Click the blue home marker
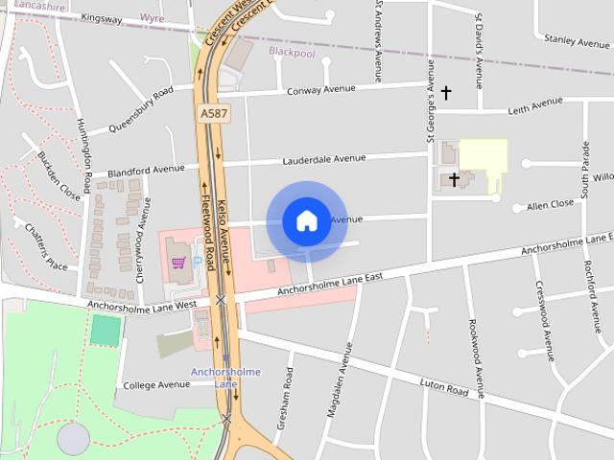(x=306, y=220)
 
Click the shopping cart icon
(x=177, y=261)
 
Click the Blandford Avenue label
(x=147, y=171)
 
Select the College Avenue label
(x=157, y=385)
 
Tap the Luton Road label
(x=444, y=388)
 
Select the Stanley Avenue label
(x=576, y=40)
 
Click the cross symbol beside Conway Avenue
(x=445, y=93)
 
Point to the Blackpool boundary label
(x=292, y=53)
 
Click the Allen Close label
(x=551, y=204)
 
